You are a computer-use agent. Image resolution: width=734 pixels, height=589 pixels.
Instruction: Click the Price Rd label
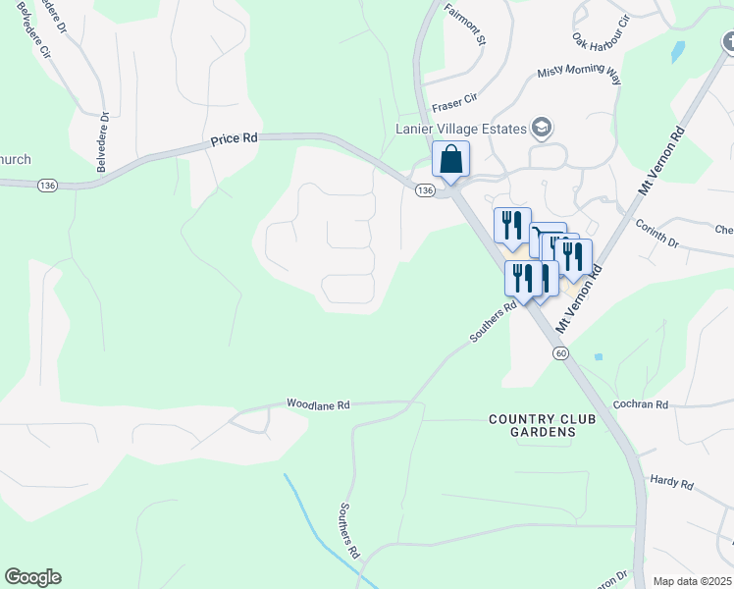(234, 140)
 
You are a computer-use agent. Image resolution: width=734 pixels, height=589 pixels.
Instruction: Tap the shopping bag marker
(450, 159)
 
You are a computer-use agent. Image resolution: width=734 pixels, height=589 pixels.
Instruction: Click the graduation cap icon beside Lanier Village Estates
(541, 128)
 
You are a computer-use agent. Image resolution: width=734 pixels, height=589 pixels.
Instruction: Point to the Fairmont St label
(465, 25)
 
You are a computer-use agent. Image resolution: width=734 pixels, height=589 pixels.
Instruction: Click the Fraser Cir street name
(453, 101)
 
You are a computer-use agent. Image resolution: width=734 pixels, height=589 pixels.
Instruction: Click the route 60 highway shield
(559, 352)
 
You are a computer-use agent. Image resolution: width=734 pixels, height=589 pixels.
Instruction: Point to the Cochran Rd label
(640, 403)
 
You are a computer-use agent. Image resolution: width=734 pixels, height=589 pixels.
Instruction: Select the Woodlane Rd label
(318, 403)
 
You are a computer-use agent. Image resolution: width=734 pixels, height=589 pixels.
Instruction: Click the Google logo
(32, 577)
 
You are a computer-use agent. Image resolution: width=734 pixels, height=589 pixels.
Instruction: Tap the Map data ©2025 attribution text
(692, 581)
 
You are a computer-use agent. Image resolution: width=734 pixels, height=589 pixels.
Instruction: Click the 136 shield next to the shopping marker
(424, 190)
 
